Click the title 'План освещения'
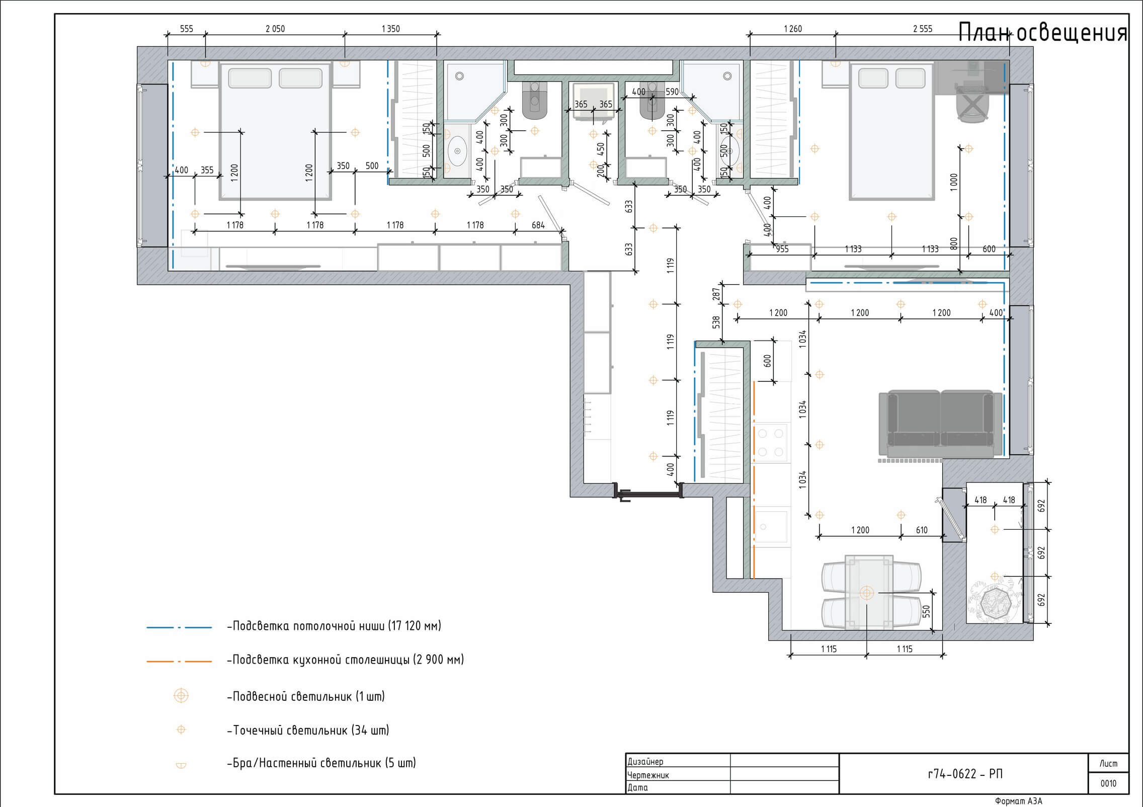[x=1042, y=34]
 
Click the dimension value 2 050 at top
[x=275, y=29]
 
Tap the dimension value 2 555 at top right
[x=923, y=29]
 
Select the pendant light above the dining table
[x=866, y=593]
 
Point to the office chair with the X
[x=973, y=104]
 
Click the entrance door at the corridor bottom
[x=648, y=492]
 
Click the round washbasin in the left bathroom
[x=457, y=150]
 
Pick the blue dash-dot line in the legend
[x=179, y=627]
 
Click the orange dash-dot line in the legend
[x=179, y=661]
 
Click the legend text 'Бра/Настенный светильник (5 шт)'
[x=321, y=763]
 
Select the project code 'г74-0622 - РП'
[x=965, y=774]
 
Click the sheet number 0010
[x=1108, y=783]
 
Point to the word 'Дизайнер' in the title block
[x=645, y=762]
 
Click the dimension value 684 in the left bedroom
[x=538, y=225]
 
